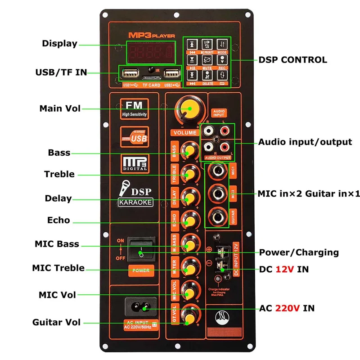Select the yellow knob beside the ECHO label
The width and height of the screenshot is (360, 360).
point(189,220)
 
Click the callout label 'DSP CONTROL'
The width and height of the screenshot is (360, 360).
point(292,60)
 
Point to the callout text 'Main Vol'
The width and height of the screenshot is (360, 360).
point(60,108)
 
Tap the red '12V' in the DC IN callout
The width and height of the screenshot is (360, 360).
point(285,269)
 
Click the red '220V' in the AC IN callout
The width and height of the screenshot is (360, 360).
point(288,308)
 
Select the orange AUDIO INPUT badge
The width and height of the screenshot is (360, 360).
point(219,113)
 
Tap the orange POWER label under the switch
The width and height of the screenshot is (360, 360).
point(140,271)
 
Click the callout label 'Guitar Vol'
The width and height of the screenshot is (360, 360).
point(56,322)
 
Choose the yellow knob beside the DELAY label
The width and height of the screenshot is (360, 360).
point(189,197)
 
